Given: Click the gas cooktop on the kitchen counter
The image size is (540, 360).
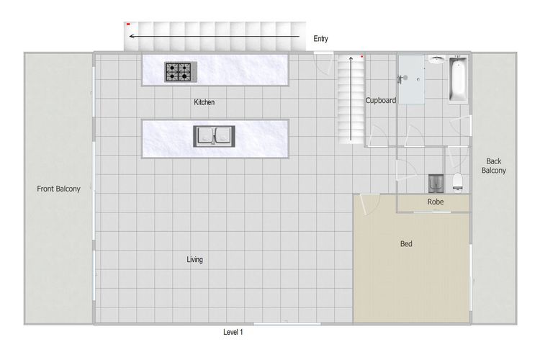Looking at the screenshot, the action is coord(181,72).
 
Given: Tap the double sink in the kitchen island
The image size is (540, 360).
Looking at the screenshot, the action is coord(215,136).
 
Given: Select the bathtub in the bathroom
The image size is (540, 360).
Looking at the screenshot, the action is coord(458,80).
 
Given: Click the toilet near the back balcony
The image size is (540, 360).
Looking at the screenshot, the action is coord(457,182).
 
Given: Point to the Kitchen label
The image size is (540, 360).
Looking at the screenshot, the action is coord(204,102).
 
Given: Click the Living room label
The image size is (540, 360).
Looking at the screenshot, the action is coord(194,259).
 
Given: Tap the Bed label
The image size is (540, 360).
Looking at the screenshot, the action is coord(406,244).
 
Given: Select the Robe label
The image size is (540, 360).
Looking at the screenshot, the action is coord(436,202).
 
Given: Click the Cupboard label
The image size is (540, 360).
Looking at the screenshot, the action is coord(381,100).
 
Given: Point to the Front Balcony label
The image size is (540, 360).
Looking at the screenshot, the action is coord(58,189).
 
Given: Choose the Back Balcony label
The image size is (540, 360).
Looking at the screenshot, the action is coord(493,166).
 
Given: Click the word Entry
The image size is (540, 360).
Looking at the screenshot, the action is coord(320,39).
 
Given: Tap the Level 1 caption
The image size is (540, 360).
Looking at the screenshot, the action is coord(233,332).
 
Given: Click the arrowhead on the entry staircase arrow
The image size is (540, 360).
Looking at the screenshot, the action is coord(132,36).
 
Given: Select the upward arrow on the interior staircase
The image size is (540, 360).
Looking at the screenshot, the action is coord(351,99).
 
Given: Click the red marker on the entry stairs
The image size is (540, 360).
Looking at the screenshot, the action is coord(128,24).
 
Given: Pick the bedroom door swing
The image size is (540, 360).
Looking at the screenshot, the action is coord(369,204).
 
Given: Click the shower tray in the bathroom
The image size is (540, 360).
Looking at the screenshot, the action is coord(412,79).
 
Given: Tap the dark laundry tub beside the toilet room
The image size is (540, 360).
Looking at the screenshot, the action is coord(436,184).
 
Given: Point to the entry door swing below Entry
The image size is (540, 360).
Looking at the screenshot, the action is coord(324,63).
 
